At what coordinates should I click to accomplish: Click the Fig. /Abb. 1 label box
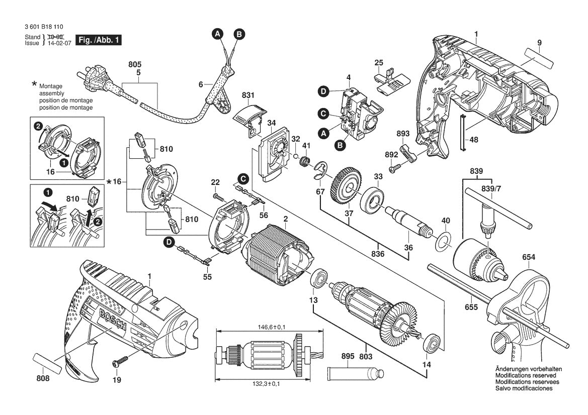98,40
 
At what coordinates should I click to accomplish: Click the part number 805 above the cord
135,65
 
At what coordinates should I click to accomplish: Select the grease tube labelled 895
355,373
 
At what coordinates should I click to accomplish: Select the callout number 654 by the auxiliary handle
529,257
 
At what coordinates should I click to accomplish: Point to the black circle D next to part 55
170,243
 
